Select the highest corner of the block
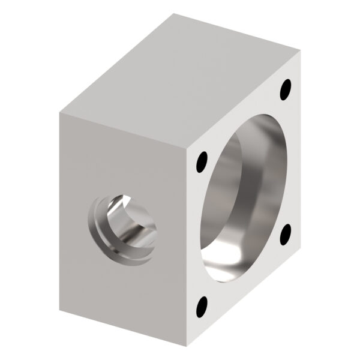tap(174, 14)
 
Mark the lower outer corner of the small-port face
tap(60, 312)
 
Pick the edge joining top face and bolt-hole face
tap(243, 97)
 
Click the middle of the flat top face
tap(180, 75)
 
